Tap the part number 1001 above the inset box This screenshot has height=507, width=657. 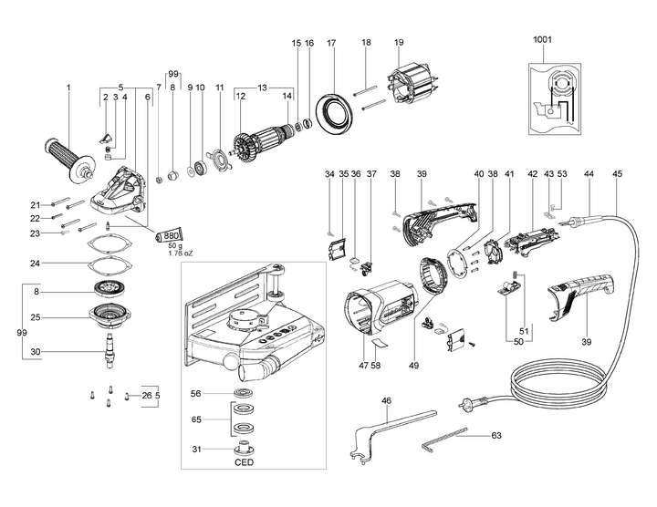tap(543, 40)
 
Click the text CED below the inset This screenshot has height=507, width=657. tap(245, 462)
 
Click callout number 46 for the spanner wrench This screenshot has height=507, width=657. tap(387, 400)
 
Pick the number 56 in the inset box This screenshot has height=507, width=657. tap(195, 393)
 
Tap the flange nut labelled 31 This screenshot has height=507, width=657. tap(245, 449)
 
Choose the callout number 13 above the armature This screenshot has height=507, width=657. tap(263, 88)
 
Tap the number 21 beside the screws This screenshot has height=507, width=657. tap(35, 203)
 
